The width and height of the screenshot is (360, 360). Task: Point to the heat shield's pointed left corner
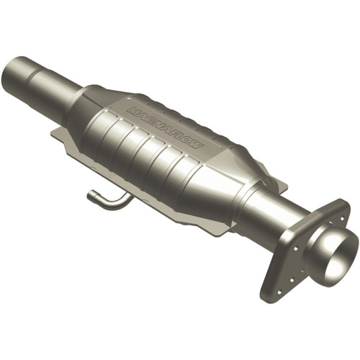tap(52, 132)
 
